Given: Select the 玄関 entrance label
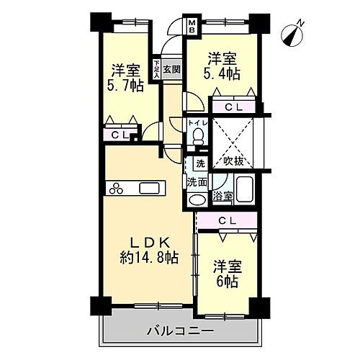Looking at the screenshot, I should (171, 69).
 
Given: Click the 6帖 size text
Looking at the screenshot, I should (225, 282).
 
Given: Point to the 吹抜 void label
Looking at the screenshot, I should (233, 159).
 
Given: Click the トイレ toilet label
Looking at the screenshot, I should (197, 123).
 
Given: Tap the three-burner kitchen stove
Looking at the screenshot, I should (117, 189).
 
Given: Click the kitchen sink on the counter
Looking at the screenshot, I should (150, 189).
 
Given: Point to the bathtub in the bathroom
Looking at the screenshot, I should (245, 189).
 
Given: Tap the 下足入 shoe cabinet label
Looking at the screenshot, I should (156, 70).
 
